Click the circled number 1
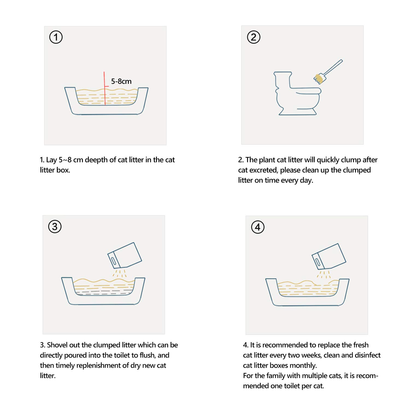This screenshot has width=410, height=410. point(56,37)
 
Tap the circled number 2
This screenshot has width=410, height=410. point(254,37)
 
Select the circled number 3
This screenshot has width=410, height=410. point(55,227)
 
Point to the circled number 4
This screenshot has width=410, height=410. point(258,227)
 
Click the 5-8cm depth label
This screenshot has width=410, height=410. point(121,81)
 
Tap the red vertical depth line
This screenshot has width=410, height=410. point(104,88)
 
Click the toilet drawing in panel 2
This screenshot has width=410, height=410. point(297,93)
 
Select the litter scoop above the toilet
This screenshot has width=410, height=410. point(328,71)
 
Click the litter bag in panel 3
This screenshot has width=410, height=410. point(125,255)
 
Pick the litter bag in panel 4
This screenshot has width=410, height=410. point(329,256)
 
